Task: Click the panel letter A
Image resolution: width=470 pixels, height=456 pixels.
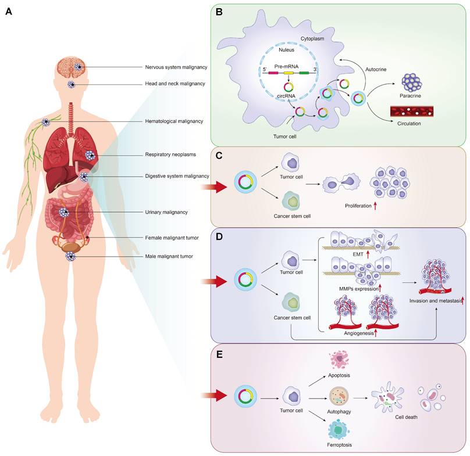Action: coord(9,11)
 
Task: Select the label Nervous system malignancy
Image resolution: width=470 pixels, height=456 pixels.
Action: coord(176,67)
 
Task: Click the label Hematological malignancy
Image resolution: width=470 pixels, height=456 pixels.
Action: coord(174,121)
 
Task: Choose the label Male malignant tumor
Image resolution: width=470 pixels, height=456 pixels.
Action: coord(169,256)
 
